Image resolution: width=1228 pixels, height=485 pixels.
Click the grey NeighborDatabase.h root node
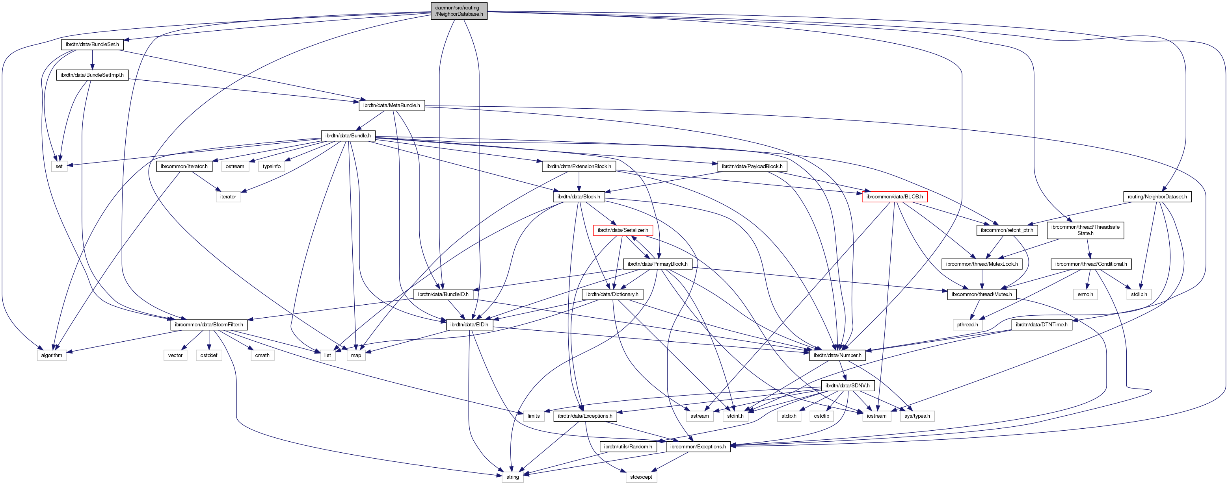(x=459, y=11)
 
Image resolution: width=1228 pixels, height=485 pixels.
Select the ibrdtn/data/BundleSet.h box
(x=92, y=44)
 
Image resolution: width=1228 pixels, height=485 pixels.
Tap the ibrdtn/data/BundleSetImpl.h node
(x=92, y=75)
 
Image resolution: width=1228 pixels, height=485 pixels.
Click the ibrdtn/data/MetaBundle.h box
(x=391, y=105)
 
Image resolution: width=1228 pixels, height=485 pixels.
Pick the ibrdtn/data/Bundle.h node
(x=348, y=136)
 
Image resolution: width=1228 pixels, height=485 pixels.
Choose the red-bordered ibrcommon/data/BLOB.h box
(x=894, y=197)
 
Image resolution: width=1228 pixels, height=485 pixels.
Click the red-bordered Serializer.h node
(x=623, y=230)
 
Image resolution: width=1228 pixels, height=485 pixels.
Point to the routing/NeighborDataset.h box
(x=1157, y=197)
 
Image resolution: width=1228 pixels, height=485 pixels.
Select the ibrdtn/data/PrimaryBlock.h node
(x=657, y=264)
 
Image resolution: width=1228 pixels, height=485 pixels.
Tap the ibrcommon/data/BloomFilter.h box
(x=209, y=325)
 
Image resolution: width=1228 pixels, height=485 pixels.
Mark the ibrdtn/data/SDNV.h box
(x=847, y=386)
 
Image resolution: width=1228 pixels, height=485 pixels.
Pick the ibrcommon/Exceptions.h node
(x=698, y=447)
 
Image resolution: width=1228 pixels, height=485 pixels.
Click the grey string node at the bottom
(x=512, y=477)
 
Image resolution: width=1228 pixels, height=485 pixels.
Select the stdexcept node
(x=641, y=477)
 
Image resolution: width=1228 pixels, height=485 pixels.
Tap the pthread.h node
(x=967, y=325)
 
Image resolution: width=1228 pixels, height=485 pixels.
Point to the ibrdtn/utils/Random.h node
(x=628, y=447)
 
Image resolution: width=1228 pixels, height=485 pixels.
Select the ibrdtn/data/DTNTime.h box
(x=1042, y=325)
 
